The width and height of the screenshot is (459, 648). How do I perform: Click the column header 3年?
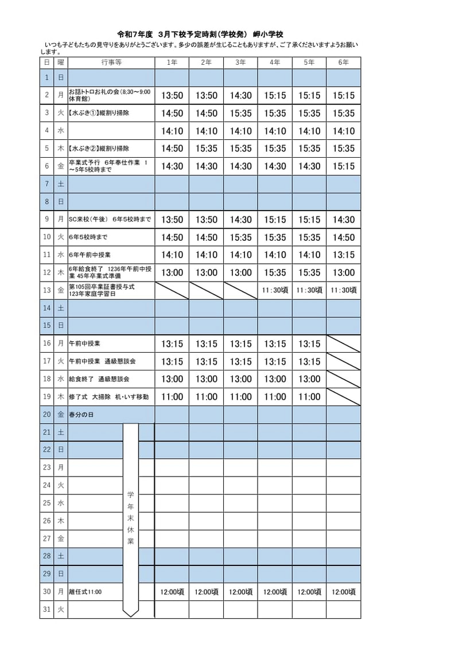click(x=240, y=63)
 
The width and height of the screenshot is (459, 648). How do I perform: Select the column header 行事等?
click(x=111, y=63)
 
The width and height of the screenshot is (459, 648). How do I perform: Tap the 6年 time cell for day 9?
click(x=343, y=220)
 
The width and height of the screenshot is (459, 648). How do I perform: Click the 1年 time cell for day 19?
click(x=172, y=397)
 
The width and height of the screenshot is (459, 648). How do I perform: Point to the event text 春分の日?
click(x=81, y=415)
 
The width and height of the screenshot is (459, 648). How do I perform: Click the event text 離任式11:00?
click(x=85, y=592)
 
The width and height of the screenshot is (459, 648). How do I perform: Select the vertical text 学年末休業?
click(x=131, y=517)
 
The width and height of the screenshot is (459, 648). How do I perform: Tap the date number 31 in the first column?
click(x=47, y=610)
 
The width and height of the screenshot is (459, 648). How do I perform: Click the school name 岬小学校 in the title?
click(x=268, y=34)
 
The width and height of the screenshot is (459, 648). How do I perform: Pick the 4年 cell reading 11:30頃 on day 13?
click(x=274, y=290)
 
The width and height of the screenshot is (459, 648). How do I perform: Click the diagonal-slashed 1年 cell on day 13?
click(x=172, y=290)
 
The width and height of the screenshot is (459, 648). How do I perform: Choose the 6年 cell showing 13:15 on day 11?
click(x=343, y=255)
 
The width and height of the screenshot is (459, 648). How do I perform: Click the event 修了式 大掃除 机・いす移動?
click(x=108, y=397)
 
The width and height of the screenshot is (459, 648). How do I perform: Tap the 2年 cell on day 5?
click(x=207, y=149)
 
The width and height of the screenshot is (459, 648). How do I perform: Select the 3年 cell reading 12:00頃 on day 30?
click(x=240, y=592)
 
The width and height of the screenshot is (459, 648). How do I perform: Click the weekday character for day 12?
click(x=61, y=273)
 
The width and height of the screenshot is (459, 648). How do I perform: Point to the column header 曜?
click(x=61, y=63)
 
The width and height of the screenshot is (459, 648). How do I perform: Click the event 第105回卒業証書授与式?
click(x=102, y=287)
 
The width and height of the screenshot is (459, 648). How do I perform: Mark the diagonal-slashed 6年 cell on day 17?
click(x=343, y=362)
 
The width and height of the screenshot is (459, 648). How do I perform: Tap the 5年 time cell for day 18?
click(x=309, y=379)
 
